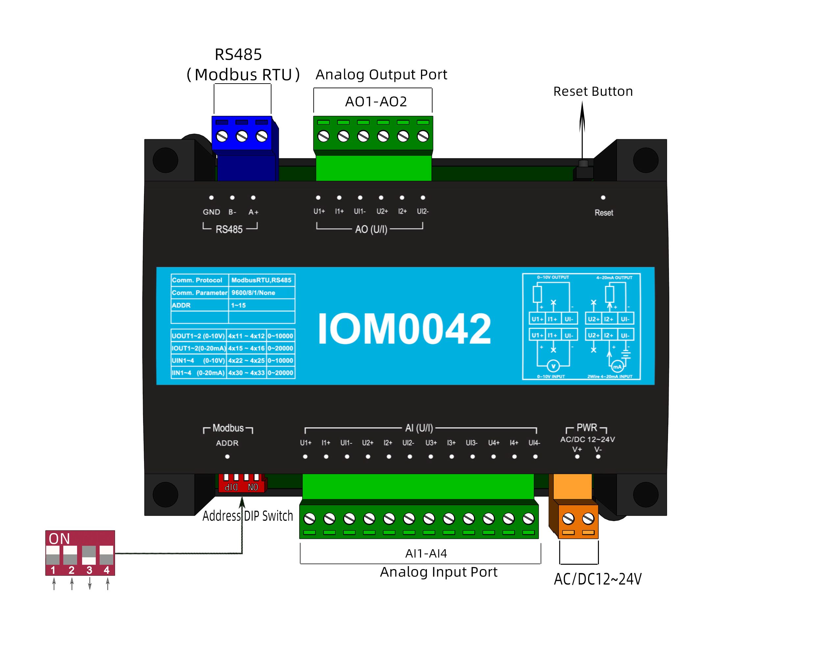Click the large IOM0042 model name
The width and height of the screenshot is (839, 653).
(404, 328)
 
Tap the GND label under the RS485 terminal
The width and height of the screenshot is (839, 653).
(211, 212)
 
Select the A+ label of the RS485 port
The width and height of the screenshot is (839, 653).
(253, 212)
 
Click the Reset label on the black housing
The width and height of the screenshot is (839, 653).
(604, 213)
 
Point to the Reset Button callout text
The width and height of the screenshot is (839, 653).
(593, 91)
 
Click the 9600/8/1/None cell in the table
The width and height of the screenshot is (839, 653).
(253, 293)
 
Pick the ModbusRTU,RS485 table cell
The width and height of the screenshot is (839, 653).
(261, 280)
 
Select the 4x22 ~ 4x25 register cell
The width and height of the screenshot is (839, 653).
(246, 360)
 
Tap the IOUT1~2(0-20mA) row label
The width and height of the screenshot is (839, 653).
(198, 348)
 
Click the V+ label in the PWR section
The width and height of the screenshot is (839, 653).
(577, 449)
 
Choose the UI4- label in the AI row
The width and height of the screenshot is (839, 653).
(534, 443)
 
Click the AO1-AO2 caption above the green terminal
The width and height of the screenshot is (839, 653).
(376, 101)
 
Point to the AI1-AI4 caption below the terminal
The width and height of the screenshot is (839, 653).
(426, 554)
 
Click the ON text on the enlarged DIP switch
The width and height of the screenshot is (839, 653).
(59, 539)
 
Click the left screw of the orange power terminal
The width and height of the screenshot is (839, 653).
(569, 519)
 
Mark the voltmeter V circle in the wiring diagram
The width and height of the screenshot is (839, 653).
(553, 366)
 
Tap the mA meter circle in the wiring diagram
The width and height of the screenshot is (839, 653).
(617, 367)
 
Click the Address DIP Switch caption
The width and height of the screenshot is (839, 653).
(248, 516)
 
